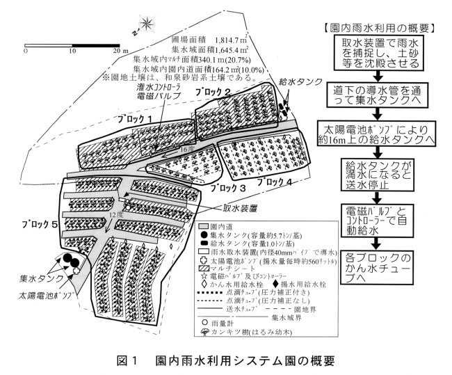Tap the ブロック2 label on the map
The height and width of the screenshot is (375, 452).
point(213,93)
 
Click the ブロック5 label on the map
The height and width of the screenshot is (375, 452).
point(30,225)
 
